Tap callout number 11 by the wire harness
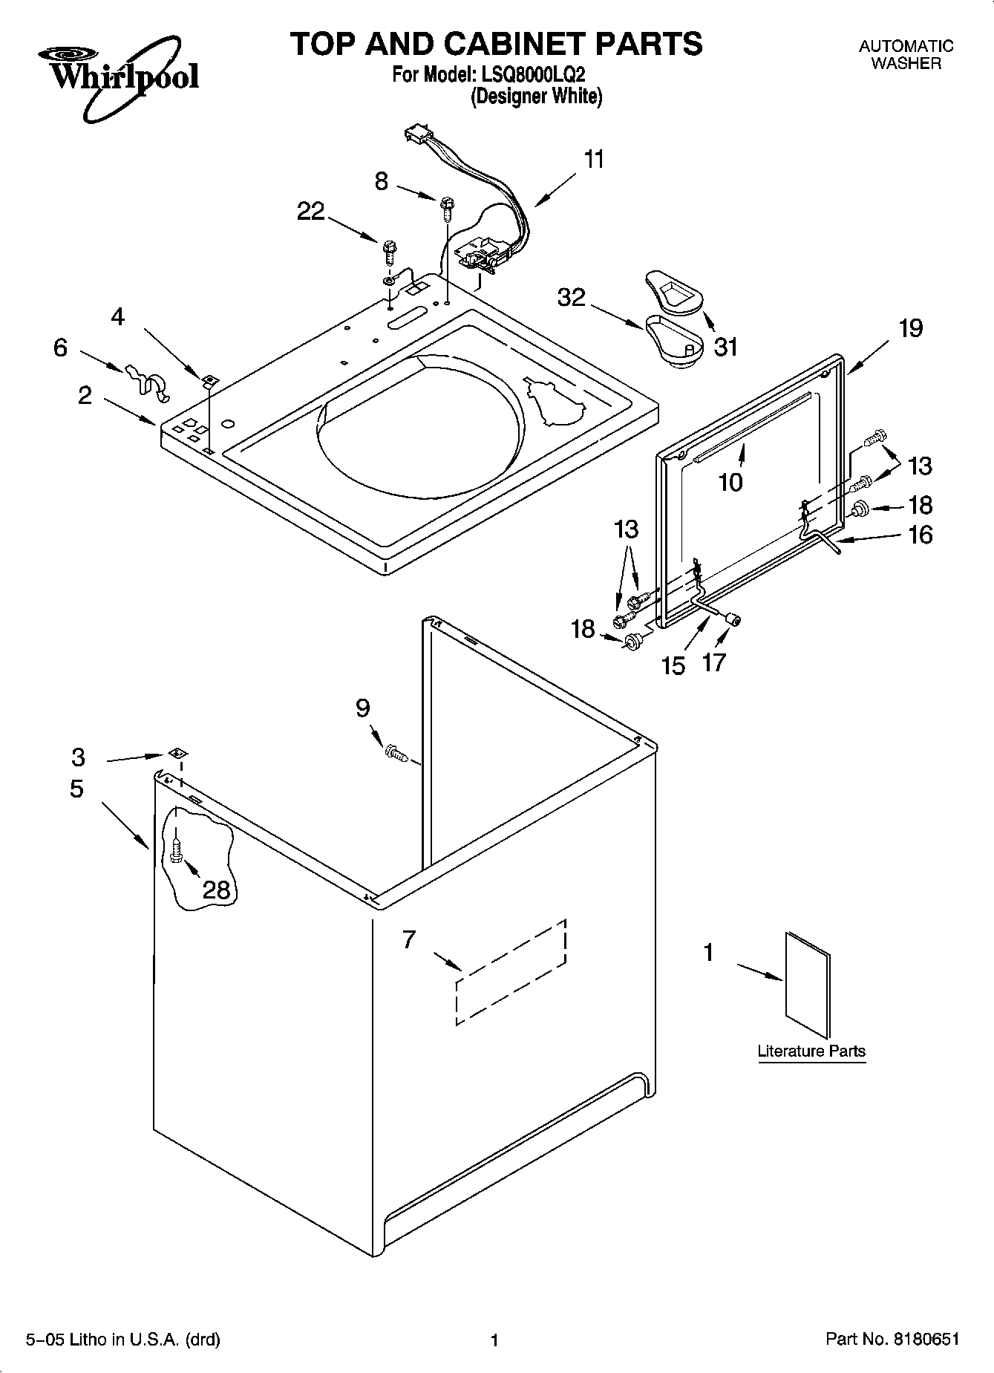pos(594,160)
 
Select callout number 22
pos(310,212)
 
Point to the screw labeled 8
pos(447,207)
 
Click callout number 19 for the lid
pos(911,327)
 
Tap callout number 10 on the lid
pos(730,483)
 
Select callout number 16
pos(920,535)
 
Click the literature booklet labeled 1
pos(808,984)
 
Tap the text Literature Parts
pos(811,1051)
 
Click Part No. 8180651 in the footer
pos(892,1340)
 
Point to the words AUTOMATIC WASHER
pos(906,54)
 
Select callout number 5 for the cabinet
pos(77,789)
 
